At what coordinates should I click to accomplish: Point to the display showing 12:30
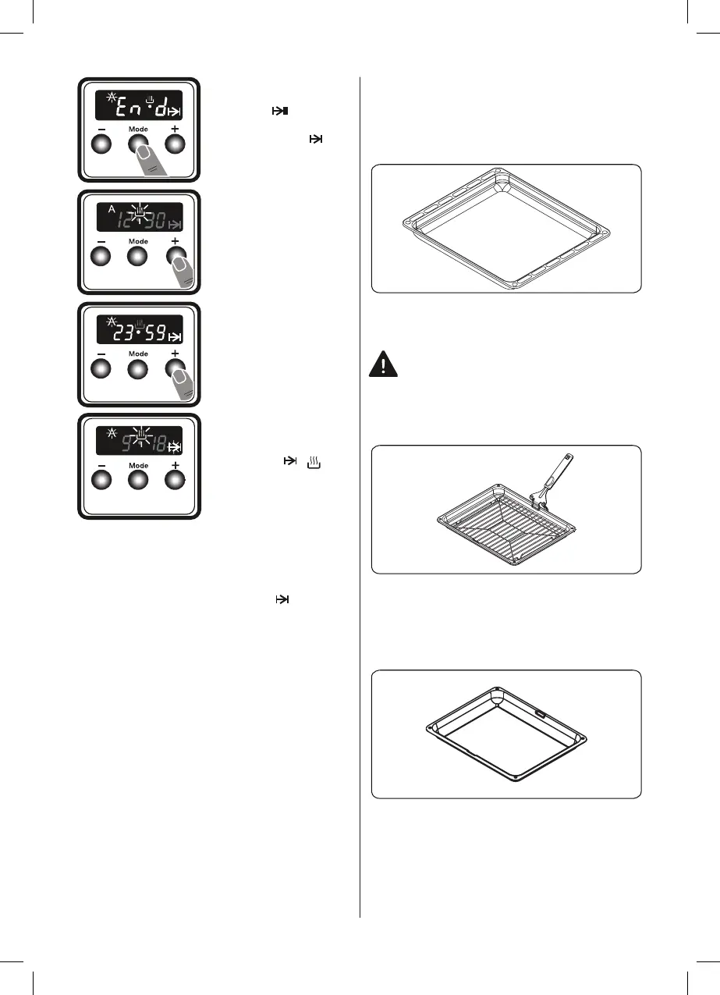pos(139,216)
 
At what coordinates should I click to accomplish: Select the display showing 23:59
pos(139,330)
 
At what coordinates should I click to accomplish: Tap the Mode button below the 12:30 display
pos(138,258)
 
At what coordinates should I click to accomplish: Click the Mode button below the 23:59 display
pos(138,371)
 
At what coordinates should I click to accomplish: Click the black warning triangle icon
pos(384,364)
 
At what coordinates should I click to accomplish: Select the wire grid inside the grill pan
pos(500,531)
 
